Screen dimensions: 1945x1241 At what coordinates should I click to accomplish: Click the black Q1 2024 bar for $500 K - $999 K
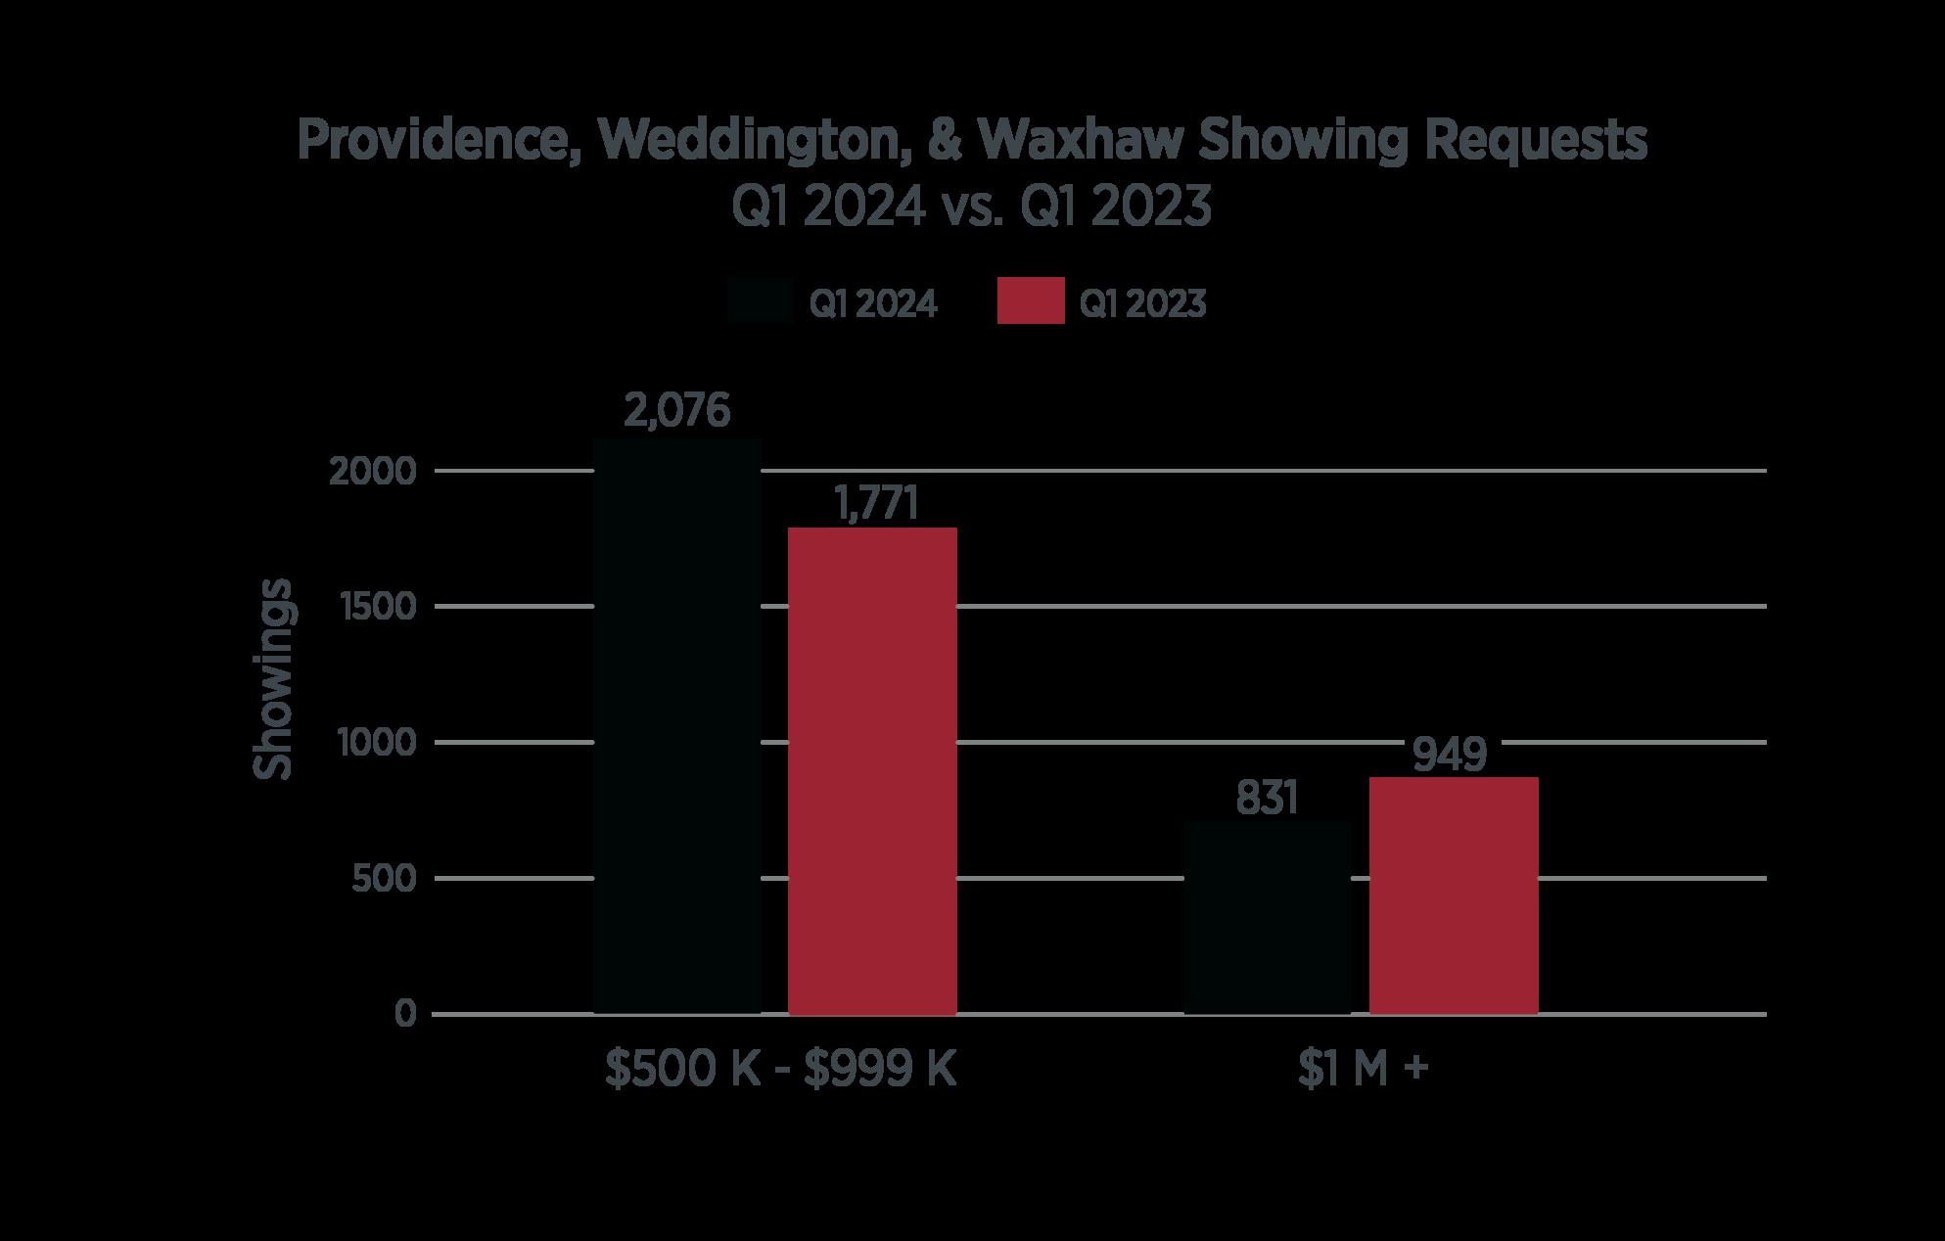pyautogui.click(x=677, y=726)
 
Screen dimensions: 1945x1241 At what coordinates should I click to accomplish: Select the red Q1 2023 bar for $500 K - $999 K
pyautogui.click(x=872, y=771)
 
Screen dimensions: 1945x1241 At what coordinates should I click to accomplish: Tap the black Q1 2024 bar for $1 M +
pyautogui.click(x=1268, y=918)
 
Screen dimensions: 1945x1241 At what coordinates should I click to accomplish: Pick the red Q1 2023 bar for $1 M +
pyautogui.click(x=1454, y=896)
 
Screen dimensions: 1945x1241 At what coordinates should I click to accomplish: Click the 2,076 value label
pyautogui.click(x=677, y=411)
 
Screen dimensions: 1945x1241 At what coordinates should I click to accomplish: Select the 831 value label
pyautogui.click(x=1267, y=799)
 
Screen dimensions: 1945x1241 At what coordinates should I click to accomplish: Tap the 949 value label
pyautogui.click(x=1451, y=755)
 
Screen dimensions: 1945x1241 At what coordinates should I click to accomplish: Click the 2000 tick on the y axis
pyautogui.click(x=373, y=472)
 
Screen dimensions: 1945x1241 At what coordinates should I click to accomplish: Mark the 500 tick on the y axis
pyautogui.click(x=384, y=879)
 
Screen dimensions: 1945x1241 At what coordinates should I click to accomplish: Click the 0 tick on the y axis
pyautogui.click(x=406, y=1014)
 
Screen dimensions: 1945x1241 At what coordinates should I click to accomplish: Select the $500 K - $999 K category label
pyautogui.click(x=780, y=1070)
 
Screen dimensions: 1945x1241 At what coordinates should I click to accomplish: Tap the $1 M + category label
pyautogui.click(x=1363, y=1070)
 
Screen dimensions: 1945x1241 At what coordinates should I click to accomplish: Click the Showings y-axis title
pyautogui.click(x=273, y=679)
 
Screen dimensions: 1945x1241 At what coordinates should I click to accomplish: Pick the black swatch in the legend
pyautogui.click(x=760, y=301)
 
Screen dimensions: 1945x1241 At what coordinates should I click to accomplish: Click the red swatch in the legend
pyautogui.click(x=1031, y=301)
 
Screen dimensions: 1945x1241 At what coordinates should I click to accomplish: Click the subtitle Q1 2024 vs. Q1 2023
pyautogui.click(x=972, y=207)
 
